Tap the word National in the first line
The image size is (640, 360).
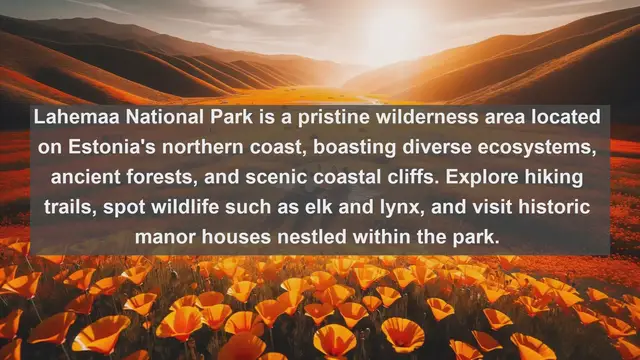pyautogui.click(x=148, y=118)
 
